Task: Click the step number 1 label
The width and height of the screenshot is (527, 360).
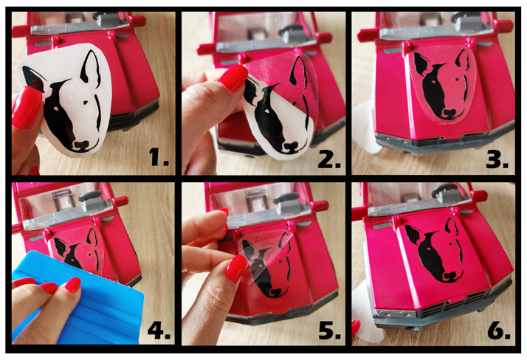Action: [x=159, y=157]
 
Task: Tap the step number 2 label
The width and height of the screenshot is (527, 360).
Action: [x=329, y=160]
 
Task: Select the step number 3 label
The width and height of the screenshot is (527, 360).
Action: [x=497, y=160]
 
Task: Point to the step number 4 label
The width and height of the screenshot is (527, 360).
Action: [x=159, y=330]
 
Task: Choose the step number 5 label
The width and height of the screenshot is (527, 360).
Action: [x=329, y=330]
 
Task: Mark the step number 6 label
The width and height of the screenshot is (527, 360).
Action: [x=499, y=330]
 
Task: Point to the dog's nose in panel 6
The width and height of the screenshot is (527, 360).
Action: [x=449, y=276]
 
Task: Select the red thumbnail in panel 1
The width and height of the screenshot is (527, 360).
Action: [x=27, y=108]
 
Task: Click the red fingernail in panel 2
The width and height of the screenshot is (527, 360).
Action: [x=233, y=78]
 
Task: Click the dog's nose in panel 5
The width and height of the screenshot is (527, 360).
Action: [x=275, y=292]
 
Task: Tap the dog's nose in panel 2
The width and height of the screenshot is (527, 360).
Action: [x=291, y=146]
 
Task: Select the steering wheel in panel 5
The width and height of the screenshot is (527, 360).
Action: [x=286, y=198]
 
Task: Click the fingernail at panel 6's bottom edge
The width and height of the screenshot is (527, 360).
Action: [x=356, y=328]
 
